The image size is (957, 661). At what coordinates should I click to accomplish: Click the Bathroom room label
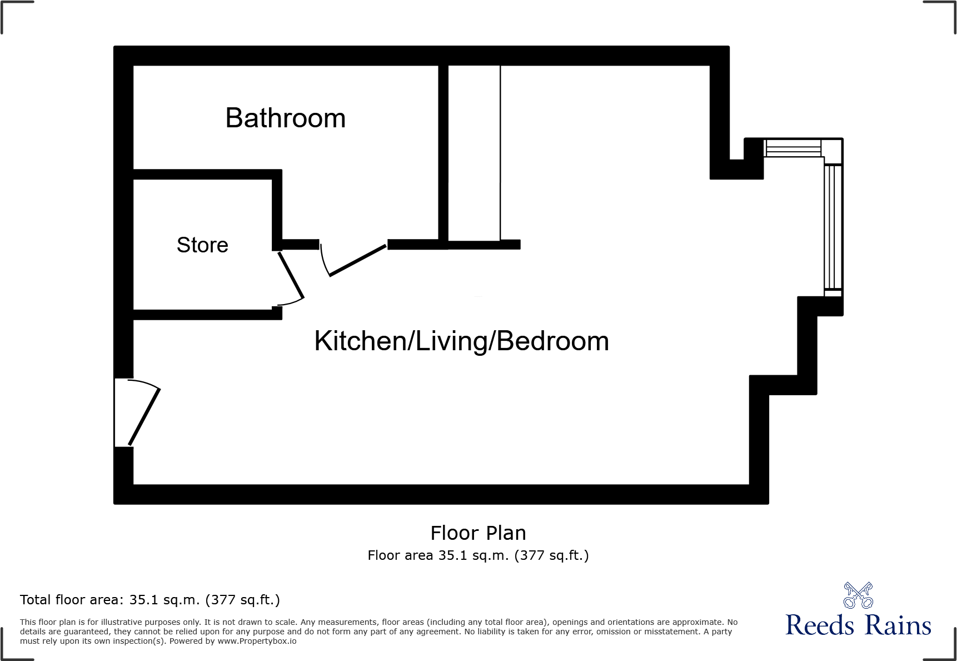coord(285,118)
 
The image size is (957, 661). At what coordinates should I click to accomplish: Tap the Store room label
coord(202,245)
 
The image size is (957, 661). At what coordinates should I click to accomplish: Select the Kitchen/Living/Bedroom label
coord(461,341)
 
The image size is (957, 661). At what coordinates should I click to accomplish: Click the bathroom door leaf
coord(357,260)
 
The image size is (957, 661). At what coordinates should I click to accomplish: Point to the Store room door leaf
coord(291,275)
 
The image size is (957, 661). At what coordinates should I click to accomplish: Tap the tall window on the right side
coord(833,227)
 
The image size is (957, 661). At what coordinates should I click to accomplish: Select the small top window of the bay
coord(793,148)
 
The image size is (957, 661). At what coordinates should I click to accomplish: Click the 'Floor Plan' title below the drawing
coord(478,533)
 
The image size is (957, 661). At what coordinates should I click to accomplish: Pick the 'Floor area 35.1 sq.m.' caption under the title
coord(478,555)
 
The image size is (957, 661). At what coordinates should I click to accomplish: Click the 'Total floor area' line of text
coord(150,600)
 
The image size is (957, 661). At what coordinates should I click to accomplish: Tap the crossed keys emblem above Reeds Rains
coord(858,595)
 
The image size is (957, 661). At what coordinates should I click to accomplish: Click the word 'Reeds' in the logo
coord(820,625)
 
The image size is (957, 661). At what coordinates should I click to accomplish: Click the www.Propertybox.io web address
coord(257,642)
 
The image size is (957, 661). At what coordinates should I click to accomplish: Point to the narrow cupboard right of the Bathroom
coord(474,153)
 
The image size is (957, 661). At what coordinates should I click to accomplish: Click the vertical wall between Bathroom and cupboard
coord(443,153)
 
